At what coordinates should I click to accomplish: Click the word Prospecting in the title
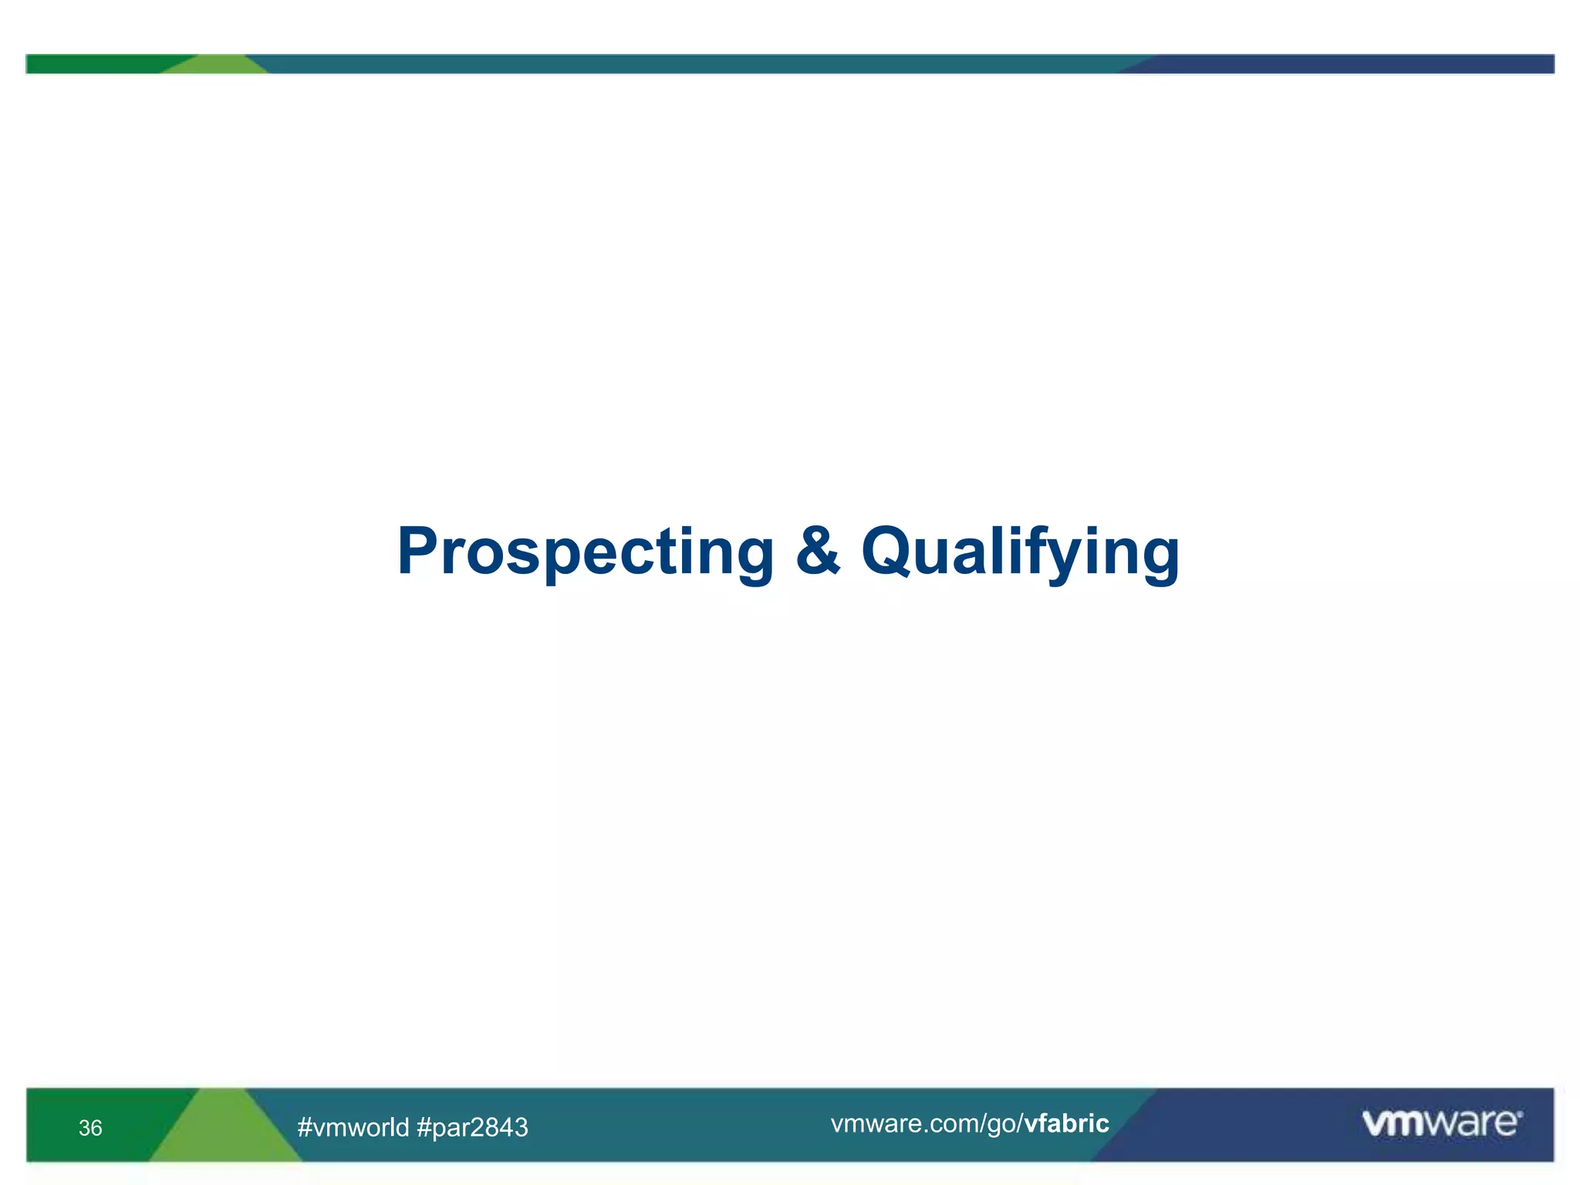[585, 552]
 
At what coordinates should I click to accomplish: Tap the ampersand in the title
[817, 551]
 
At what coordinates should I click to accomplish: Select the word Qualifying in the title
[1020, 552]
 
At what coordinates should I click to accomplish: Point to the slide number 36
[90, 1128]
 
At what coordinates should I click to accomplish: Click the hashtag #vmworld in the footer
[353, 1127]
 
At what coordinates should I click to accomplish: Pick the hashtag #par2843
[472, 1127]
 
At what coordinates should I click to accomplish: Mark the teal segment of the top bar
[694, 64]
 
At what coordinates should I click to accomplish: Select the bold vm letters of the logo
[1393, 1123]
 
